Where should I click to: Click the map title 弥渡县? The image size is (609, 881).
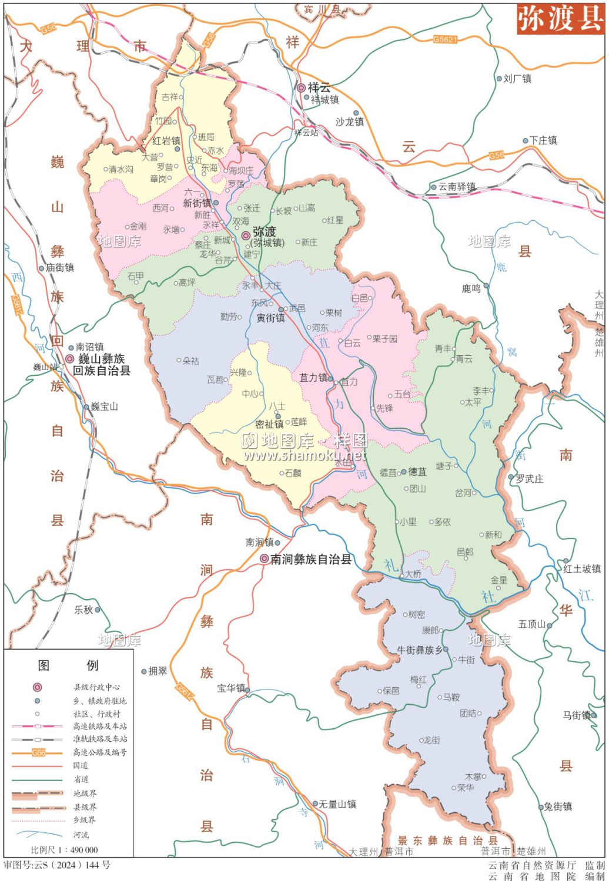coord(560,19)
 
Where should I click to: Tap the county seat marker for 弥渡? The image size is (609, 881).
coord(246,235)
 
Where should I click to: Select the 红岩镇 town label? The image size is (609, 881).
coord(166,141)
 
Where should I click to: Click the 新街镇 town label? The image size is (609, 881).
coord(196,203)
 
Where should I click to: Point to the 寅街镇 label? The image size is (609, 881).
coord(270,318)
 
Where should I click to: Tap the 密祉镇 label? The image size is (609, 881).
coord(269,424)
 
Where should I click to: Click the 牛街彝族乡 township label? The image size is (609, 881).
coord(419,650)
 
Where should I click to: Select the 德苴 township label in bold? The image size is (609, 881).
coord(417,472)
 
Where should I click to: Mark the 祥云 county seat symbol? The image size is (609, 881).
coord(301,88)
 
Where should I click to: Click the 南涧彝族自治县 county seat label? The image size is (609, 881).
coord(310,559)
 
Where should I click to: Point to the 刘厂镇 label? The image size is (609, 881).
coord(517,78)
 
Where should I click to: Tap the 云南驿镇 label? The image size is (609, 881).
coord(457,187)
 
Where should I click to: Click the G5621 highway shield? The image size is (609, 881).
coord(445,39)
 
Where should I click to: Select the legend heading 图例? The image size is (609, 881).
coord(68,665)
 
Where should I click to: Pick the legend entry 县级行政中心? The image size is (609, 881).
coord(96,687)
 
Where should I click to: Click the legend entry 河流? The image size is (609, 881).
coord(81,835)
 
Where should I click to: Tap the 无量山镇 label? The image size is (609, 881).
coord(337,804)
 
